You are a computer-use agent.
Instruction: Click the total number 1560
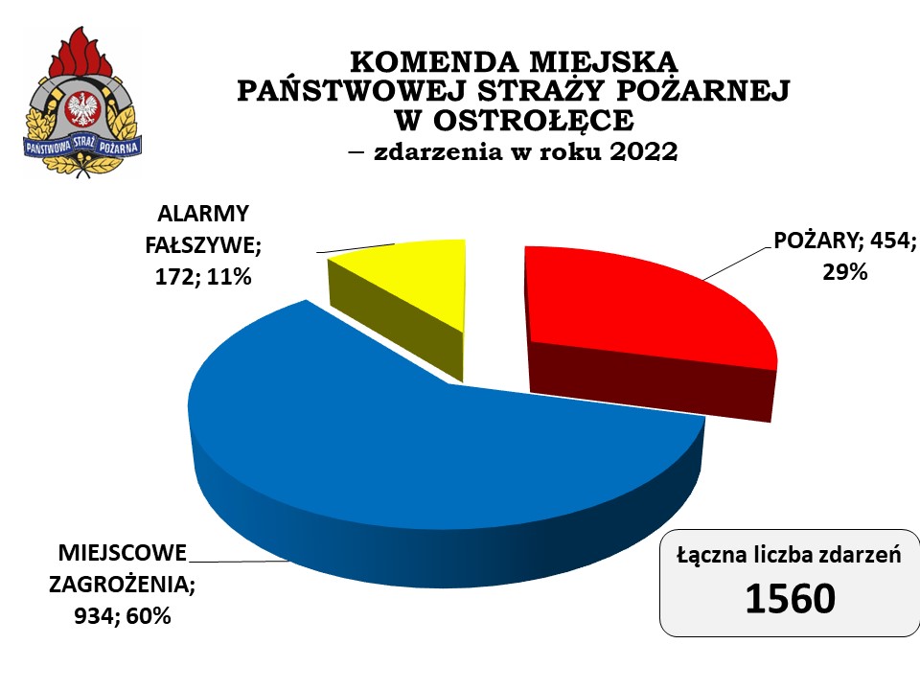791,598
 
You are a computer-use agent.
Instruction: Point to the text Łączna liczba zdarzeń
789,555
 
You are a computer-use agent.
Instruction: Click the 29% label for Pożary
845,272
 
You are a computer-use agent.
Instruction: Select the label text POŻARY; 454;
845,241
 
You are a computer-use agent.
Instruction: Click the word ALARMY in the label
203,214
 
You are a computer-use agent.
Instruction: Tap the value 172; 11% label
203,277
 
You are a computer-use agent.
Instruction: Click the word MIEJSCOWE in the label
122,553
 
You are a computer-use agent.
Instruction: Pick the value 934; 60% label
122,616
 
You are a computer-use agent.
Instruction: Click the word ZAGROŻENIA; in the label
122,585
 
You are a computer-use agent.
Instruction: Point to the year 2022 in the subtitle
644,151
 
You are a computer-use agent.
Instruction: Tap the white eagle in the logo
82,109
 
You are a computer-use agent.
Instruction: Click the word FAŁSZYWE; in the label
203,245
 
